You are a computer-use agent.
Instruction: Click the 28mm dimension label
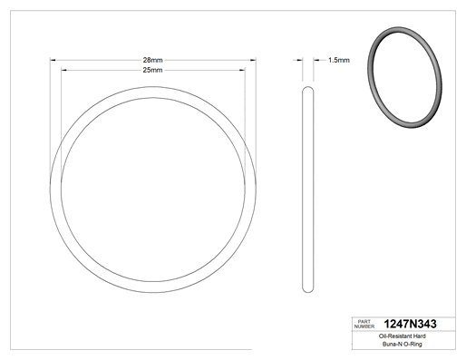152,60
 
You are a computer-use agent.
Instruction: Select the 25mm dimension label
152,70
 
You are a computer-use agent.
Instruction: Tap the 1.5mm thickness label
339,60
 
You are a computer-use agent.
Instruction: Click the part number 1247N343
410,324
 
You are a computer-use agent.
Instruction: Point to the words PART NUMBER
364,324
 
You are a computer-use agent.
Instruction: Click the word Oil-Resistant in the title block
393,336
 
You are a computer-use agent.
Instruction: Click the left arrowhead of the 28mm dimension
53,60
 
